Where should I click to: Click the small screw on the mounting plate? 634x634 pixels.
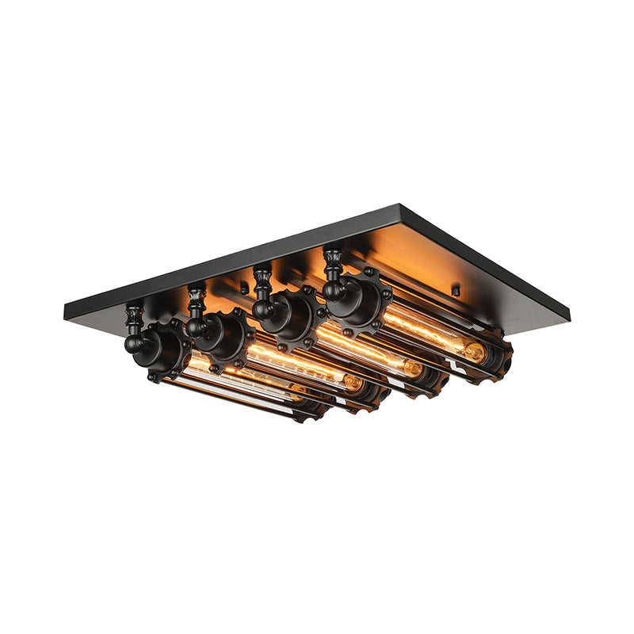456,291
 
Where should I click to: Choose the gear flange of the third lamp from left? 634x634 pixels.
292,315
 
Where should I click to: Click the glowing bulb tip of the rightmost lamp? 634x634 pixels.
474,352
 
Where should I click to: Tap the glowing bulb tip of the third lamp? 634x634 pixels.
413,368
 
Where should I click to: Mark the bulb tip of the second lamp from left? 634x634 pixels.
353,384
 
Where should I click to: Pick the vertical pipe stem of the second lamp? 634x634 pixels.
195,296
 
